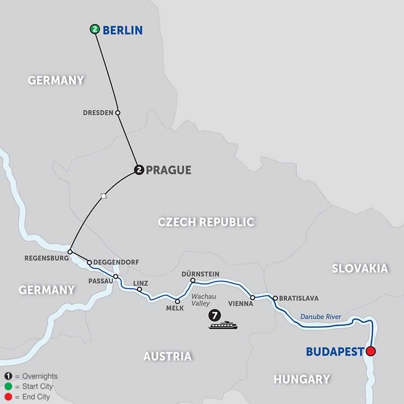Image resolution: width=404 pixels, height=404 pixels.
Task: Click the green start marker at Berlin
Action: pyautogui.click(x=94, y=30)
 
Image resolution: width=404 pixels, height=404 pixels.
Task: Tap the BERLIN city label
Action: pyautogui.click(x=123, y=30)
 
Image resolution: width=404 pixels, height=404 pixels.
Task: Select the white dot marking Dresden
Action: pyautogui.click(x=118, y=113)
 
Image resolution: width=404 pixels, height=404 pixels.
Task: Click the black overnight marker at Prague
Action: pyautogui.click(x=139, y=170)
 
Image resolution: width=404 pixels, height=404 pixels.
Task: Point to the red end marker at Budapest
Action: pyautogui.click(x=371, y=351)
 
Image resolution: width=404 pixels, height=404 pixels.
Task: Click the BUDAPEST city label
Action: pyautogui.click(x=335, y=351)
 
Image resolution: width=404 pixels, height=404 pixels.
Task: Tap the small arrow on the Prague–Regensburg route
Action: pyautogui.click(x=104, y=195)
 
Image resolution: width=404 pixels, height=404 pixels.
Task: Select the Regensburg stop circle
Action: pyautogui.click(x=70, y=252)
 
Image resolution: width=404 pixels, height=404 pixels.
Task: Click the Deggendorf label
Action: pyautogui.click(x=116, y=262)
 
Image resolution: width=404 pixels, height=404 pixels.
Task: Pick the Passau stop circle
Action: pyautogui.click(x=116, y=277)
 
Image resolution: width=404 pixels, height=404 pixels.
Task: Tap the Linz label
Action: pyautogui.click(x=141, y=283)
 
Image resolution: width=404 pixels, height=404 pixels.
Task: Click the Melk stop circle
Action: pyautogui.click(x=177, y=302)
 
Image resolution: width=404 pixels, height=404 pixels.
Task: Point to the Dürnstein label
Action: pyautogui.click(x=200, y=273)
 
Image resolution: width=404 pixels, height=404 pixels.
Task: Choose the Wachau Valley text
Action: pyautogui.click(x=201, y=300)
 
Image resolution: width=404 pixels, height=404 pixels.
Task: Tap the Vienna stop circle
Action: pyautogui.click(x=253, y=298)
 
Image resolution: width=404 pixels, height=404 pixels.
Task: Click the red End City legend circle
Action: pyautogui.click(x=8, y=397)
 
